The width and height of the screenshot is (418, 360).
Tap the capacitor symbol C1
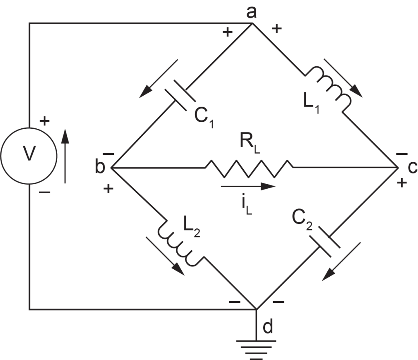coord(180,95)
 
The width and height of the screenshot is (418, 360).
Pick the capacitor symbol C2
coord(325,242)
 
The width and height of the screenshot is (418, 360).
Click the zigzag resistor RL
coord(249,169)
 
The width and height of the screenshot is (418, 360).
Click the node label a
coord(251,12)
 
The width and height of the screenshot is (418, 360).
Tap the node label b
coord(100,167)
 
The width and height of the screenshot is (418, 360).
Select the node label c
coord(412,167)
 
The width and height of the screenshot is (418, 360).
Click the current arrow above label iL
coord(248,186)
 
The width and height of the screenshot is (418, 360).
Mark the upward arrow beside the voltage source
coord(65,156)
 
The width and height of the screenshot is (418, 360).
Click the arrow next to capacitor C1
coord(158,79)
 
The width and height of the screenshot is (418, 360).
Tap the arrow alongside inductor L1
coord(343,78)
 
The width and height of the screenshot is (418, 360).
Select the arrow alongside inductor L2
coord(165,256)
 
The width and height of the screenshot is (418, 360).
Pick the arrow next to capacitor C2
coord(341,262)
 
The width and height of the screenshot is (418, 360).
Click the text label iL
coord(247,206)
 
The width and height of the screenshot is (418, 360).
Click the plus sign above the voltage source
coord(45,121)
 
